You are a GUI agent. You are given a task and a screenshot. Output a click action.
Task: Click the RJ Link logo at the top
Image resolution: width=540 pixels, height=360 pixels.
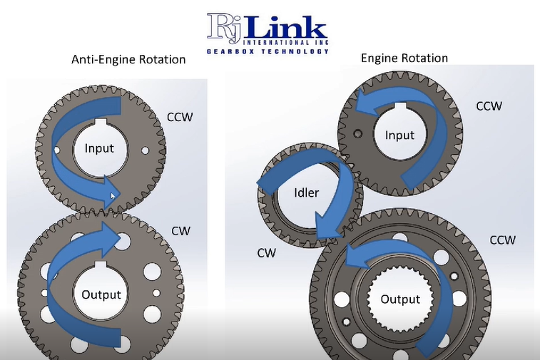268,29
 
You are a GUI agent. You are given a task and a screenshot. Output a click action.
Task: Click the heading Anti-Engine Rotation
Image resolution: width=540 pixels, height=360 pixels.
128,60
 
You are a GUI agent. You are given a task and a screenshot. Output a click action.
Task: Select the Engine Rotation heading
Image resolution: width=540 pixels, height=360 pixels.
404,58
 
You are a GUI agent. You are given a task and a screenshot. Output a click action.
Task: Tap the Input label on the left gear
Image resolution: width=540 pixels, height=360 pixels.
99,148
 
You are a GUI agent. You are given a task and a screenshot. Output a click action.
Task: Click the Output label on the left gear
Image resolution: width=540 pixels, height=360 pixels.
101,294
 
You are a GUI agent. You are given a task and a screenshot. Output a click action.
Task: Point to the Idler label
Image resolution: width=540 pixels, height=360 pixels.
306,192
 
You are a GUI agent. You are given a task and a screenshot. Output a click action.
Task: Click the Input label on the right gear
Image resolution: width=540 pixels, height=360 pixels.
399,135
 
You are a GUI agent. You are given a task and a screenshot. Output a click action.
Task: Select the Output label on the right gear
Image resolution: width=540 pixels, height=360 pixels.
400,299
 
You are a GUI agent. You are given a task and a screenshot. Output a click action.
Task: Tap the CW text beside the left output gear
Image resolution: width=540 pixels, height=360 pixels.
180,231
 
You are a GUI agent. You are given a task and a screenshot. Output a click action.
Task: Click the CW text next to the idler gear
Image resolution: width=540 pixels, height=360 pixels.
267,252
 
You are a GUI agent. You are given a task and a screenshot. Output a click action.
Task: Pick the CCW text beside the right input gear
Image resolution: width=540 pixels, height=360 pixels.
489,106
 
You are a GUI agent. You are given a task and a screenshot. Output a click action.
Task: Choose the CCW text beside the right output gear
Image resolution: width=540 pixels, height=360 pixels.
502,240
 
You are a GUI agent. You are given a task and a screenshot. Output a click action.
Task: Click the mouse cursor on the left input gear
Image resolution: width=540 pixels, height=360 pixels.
113,195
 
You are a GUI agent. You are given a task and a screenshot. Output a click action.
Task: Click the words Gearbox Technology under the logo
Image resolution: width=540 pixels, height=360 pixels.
268,51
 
